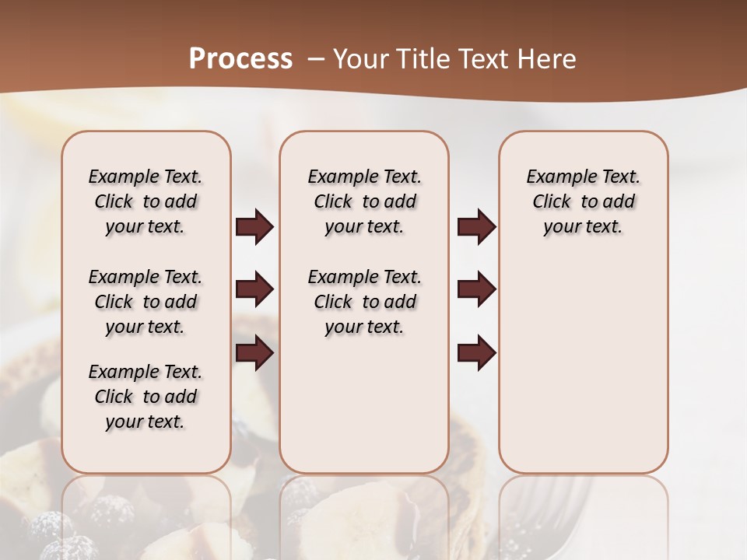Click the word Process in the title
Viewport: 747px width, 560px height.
[x=240, y=58]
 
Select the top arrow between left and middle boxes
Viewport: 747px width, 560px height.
[x=254, y=227]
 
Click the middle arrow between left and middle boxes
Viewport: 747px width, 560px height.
[x=254, y=290]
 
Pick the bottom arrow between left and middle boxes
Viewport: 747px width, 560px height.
[x=254, y=353]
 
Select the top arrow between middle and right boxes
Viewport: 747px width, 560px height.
[x=476, y=227]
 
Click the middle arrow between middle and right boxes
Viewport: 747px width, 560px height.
[x=476, y=290]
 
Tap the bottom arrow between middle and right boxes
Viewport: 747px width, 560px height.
[x=476, y=353]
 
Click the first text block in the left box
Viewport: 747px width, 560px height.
[x=146, y=201]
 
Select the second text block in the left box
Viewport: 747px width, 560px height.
[x=146, y=302]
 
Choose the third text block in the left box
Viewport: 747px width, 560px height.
[x=146, y=397]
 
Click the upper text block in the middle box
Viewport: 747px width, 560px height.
[x=364, y=201]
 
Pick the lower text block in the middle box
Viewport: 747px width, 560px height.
[x=364, y=302]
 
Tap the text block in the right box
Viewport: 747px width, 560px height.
[x=583, y=201]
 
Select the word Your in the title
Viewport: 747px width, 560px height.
[x=359, y=59]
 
